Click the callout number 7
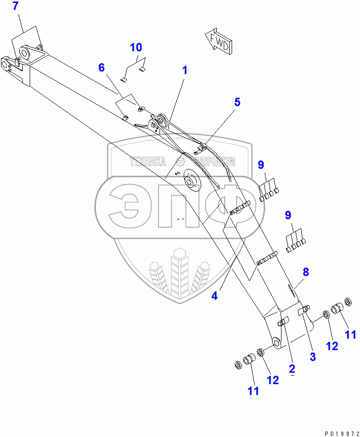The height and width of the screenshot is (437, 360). pos(15,7)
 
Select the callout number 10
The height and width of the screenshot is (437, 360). pos(136,48)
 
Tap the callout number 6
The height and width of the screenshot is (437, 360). pos(102,68)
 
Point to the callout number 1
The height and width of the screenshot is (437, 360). pos(185,71)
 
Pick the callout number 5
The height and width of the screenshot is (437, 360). pos(238,102)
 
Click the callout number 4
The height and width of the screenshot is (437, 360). pos(214,296)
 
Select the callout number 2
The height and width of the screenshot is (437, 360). pos(292,368)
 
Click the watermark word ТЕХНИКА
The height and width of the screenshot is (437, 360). pos(148,161)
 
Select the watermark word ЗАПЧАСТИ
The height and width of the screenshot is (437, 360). pos(212,161)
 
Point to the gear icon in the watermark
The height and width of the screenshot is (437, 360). pos(180,161)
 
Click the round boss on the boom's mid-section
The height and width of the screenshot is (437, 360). pos(191,181)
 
